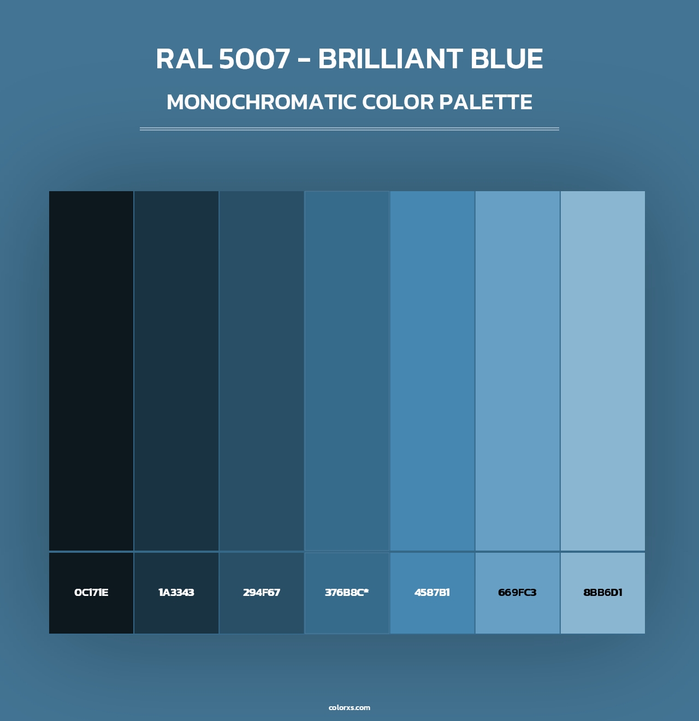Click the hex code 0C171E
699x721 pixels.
[x=91, y=593]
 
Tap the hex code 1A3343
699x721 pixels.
[x=176, y=593]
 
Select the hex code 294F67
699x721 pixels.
[x=262, y=593]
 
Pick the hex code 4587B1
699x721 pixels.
[x=432, y=593]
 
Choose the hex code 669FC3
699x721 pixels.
[x=517, y=593]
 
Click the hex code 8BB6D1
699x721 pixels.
[x=603, y=593]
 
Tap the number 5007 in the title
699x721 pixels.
[x=254, y=59]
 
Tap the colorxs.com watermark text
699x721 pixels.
[x=349, y=707]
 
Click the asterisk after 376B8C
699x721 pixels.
[x=366, y=590]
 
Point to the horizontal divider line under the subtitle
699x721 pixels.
[x=349, y=129]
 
